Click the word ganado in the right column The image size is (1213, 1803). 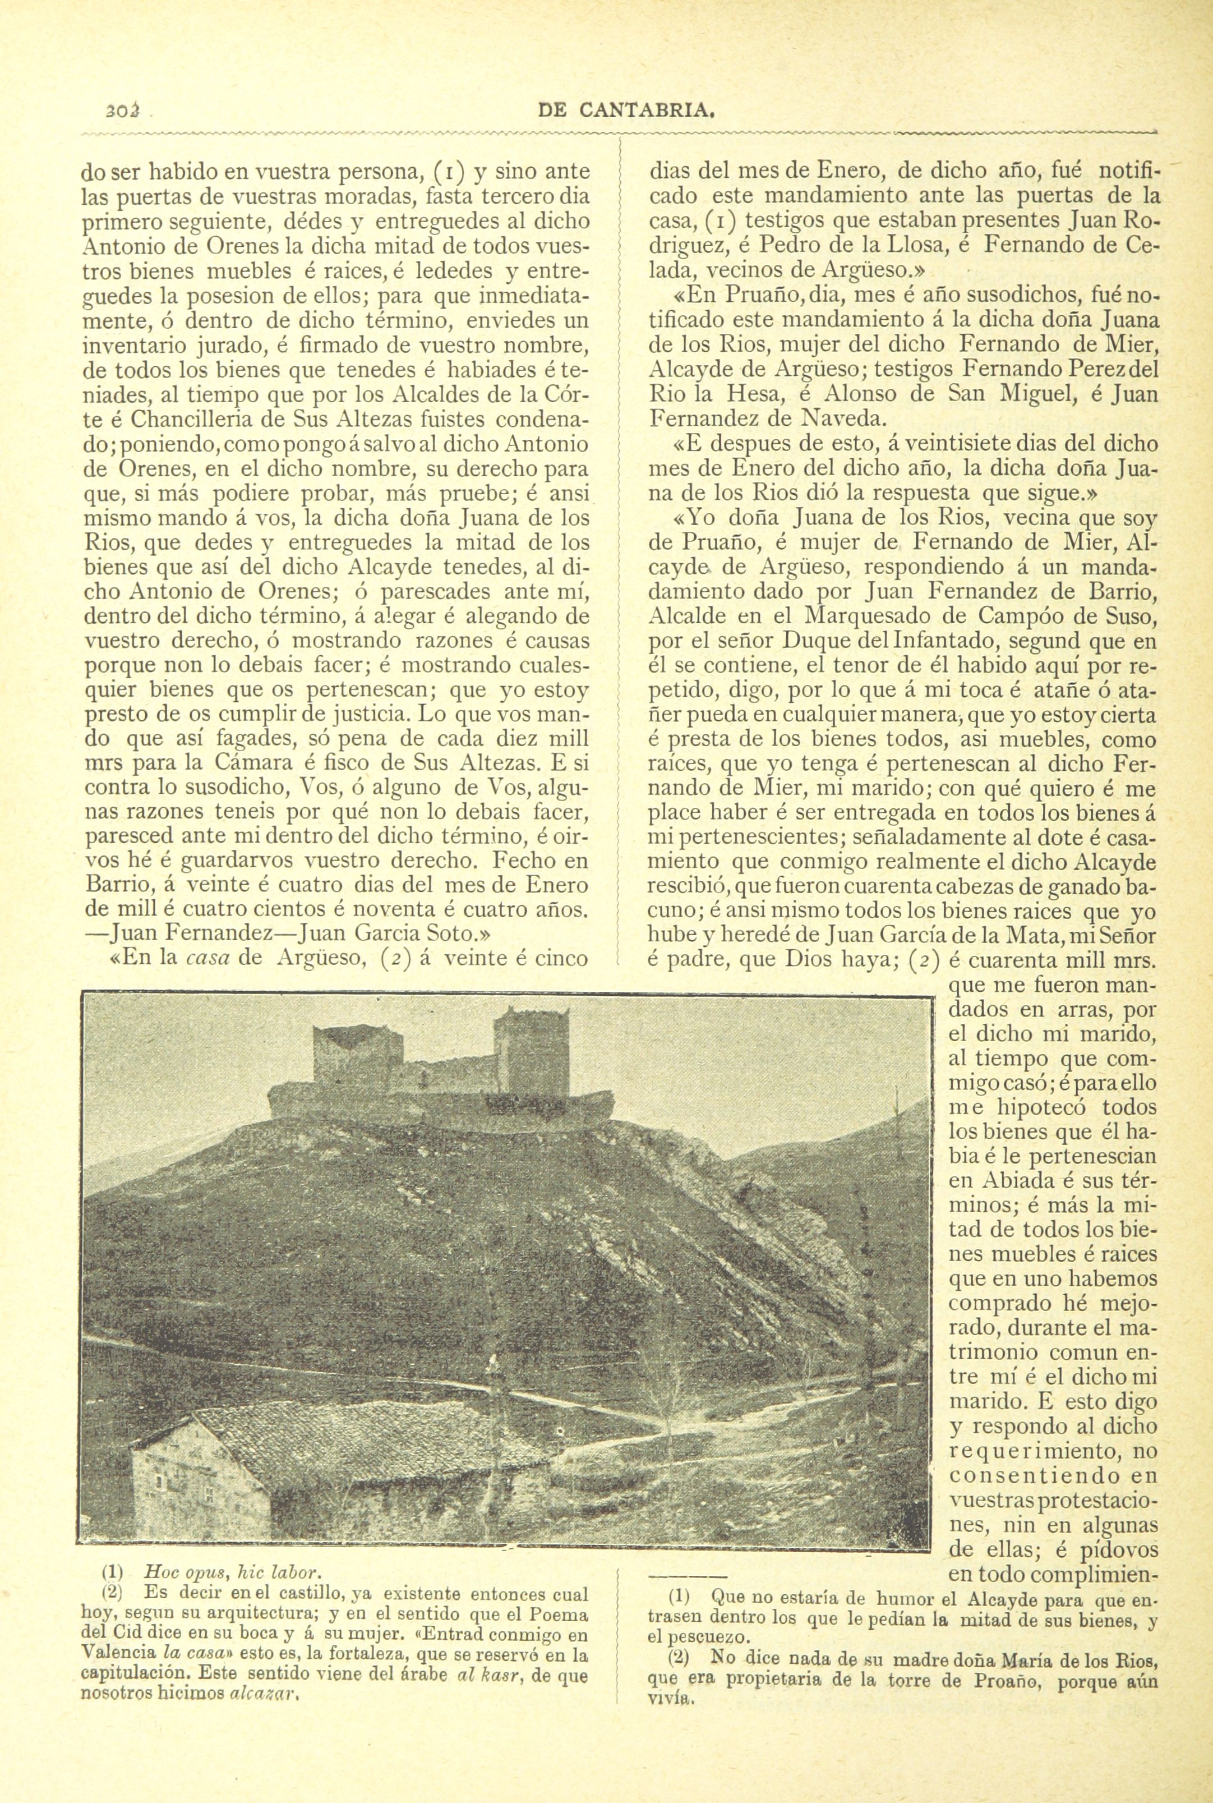[x=1058, y=885]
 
